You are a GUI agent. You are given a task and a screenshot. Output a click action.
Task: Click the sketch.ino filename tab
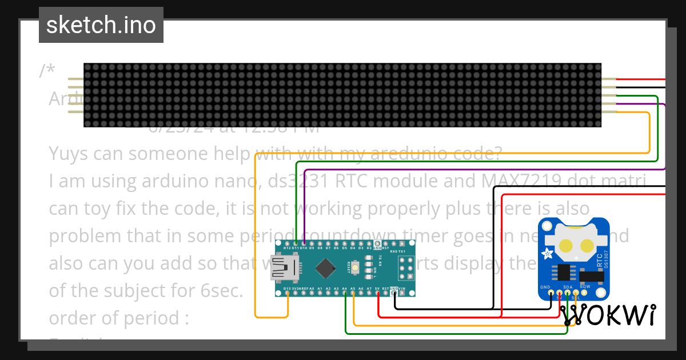[x=101, y=25]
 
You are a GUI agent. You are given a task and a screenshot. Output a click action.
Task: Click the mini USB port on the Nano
[x=285, y=267]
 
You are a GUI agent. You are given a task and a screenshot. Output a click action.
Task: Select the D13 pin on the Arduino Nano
[x=287, y=294]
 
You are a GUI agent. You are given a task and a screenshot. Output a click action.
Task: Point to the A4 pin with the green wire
[x=345, y=294]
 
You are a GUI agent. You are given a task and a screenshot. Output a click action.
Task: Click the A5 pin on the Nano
[x=354, y=294]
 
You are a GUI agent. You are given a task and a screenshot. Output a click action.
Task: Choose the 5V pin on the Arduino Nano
[x=378, y=294]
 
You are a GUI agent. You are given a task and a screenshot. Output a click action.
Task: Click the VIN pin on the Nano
[x=403, y=294]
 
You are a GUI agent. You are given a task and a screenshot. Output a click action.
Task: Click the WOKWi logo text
[x=608, y=315]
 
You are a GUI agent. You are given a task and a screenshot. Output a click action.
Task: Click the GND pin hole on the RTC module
[x=551, y=293]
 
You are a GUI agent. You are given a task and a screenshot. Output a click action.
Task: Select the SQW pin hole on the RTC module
[x=584, y=293]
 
